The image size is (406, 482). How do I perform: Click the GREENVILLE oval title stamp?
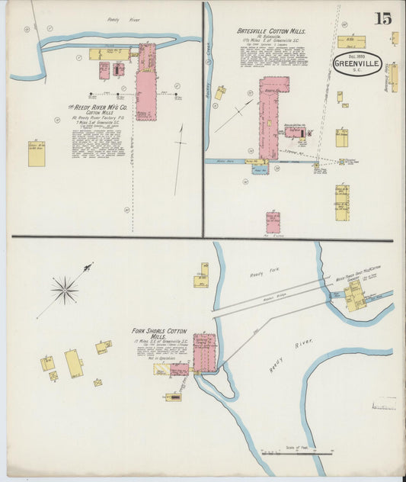[x=357, y=65]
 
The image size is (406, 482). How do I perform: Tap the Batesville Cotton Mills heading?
[x=271, y=31]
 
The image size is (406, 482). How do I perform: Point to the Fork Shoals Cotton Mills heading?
[x=158, y=333]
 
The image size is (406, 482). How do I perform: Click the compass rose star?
[x=65, y=289]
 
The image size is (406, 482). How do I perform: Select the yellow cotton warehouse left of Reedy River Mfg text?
[x=37, y=153]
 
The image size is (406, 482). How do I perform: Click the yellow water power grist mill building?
[x=355, y=296]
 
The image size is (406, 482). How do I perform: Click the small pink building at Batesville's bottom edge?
[x=272, y=222]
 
